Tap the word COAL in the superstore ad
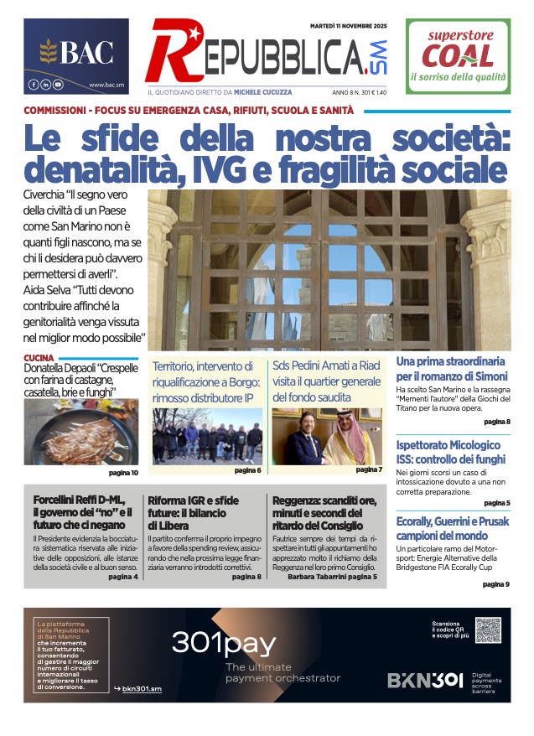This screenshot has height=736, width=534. pos(457,56)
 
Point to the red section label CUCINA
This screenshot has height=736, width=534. pos(39,358)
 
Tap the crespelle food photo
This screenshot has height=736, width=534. pos(81,432)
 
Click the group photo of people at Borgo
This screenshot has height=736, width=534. pos(207,436)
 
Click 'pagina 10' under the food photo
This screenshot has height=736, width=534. pos(123,474)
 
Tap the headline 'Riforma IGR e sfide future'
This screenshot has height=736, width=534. pos(193,507)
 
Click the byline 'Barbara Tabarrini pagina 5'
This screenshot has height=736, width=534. pos(332,577)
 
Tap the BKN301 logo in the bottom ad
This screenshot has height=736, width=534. pos(424,680)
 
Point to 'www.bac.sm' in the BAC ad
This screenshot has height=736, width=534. pos(106,85)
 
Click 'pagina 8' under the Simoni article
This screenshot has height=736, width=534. pos(496,422)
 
